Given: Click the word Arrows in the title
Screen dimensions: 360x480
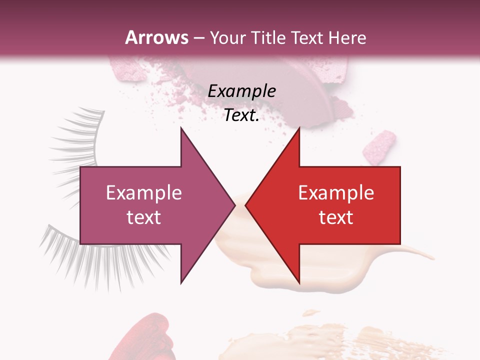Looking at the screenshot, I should coord(157,37).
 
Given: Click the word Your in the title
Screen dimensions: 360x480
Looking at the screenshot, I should coord(227,37).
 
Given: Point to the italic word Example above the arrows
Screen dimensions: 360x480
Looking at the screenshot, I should coord(241,91).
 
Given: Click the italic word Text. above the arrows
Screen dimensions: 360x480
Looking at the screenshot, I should coord(241,115).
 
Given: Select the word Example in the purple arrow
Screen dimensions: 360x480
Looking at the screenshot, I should coord(144,193).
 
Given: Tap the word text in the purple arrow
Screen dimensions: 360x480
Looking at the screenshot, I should coord(144,217).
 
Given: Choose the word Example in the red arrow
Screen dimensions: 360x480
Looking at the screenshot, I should coord(336,193).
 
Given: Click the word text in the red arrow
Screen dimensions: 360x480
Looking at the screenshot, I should coord(336,217).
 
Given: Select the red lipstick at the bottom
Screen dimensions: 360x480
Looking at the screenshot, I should coord(145,340).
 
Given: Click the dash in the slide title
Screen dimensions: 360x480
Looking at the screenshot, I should coord(198,38).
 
